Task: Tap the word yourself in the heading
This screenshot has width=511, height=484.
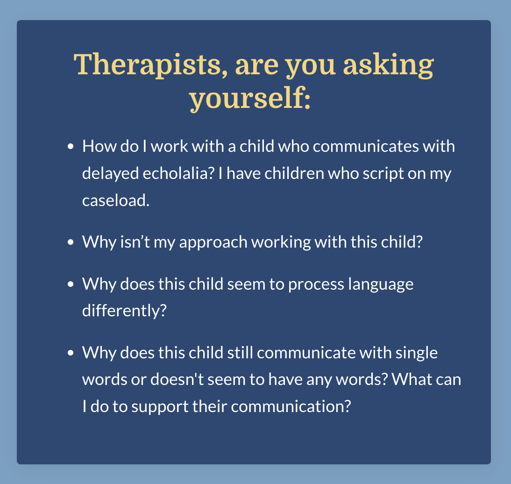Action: [x=250, y=99]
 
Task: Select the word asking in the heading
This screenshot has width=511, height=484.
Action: [x=389, y=65]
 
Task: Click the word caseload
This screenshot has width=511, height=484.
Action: [x=116, y=200]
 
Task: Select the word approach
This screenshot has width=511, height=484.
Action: [x=213, y=242]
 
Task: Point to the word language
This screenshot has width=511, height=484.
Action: [x=381, y=284]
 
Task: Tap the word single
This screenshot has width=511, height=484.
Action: [x=417, y=353]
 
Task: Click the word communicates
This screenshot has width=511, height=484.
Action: [x=366, y=146]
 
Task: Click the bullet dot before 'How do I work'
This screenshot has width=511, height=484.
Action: [x=71, y=146]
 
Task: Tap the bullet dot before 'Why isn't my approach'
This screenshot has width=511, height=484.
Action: [x=71, y=242]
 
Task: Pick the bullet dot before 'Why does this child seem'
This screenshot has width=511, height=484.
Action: [x=71, y=284]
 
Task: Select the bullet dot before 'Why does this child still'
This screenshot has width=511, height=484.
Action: [x=71, y=353]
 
